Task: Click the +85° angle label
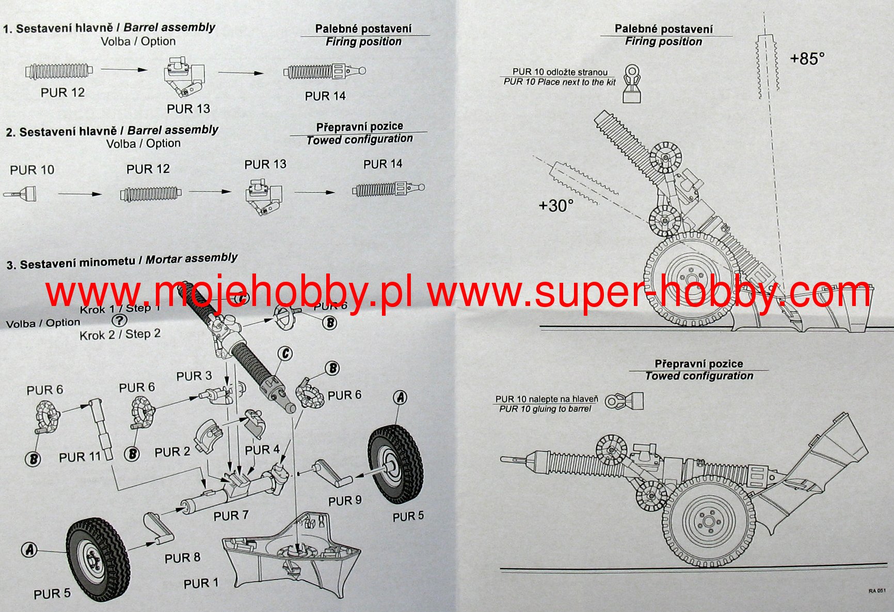pyautogui.click(x=807, y=59)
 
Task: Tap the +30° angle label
pyautogui.click(x=556, y=206)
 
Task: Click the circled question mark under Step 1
pyautogui.click(x=119, y=320)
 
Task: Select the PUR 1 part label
pyautogui.click(x=201, y=584)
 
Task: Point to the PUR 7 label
pyautogui.click(x=231, y=516)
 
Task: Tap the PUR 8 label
pyautogui.click(x=182, y=558)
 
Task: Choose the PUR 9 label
pyautogui.click(x=345, y=501)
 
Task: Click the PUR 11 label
pyautogui.click(x=79, y=457)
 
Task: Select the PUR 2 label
pyautogui.click(x=172, y=452)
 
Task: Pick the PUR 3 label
pyautogui.click(x=194, y=376)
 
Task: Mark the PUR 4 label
pyautogui.click(x=262, y=450)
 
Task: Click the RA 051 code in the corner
pyautogui.click(x=876, y=591)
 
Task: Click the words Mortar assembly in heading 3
pyautogui.click(x=191, y=259)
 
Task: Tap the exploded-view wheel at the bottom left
pyautogui.click(x=98, y=559)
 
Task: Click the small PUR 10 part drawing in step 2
pyautogui.click(x=21, y=194)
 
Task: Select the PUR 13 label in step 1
pyautogui.click(x=188, y=109)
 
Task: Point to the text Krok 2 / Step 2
pyautogui.click(x=120, y=334)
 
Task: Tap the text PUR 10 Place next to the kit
pyautogui.click(x=560, y=82)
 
